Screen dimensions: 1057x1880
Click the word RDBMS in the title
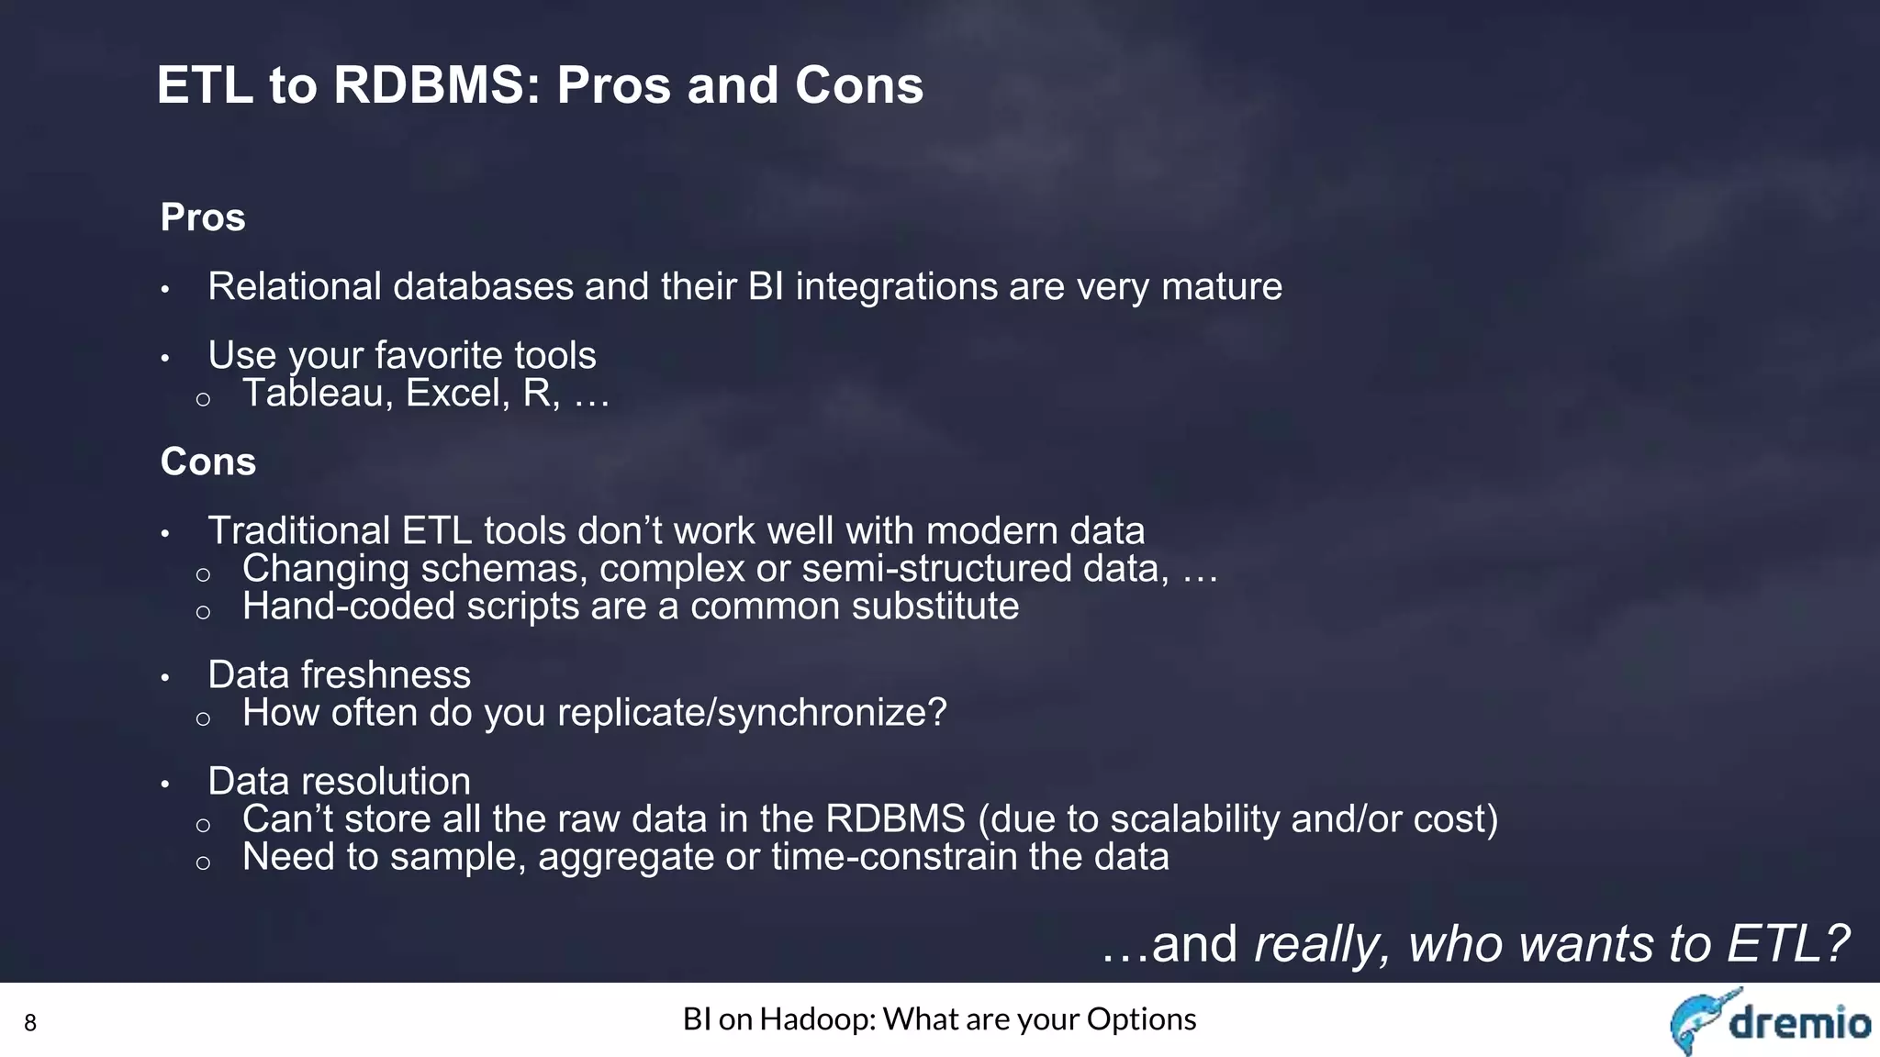pyautogui.click(x=430, y=85)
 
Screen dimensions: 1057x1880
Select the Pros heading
pyautogui.click(x=203, y=217)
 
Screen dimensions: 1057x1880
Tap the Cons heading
pyautogui.click(x=207, y=462)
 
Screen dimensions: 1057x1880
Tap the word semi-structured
pyautogui.click(x=937, y=569)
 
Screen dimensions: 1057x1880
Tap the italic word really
pyautogui.click(x=1323, y=944)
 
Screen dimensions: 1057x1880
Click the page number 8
pyautogui.click(x=29, y=1023)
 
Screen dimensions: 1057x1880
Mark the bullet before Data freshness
pyautogui.click(x=165, y=678)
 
